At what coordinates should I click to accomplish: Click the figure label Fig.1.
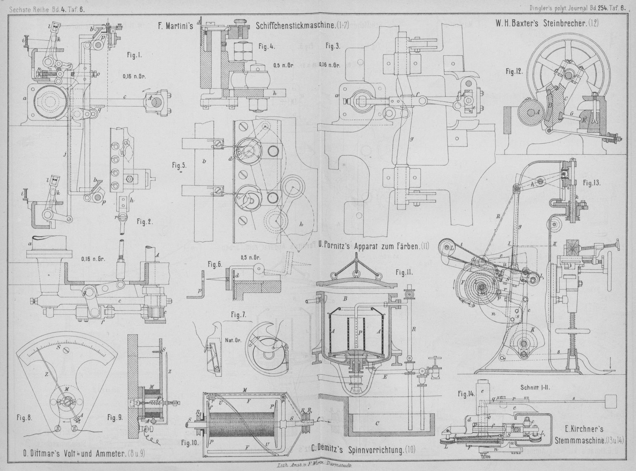134,56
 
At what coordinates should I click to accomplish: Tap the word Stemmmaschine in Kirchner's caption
578,440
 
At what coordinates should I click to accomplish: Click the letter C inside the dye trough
377,424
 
